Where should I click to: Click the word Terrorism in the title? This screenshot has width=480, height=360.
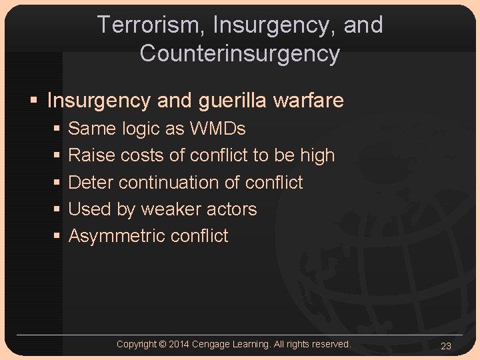(151, 25)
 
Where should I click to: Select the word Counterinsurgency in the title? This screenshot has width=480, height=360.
(240, 53)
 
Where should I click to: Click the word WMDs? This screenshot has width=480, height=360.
(218, 128)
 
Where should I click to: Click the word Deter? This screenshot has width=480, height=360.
(91, 182)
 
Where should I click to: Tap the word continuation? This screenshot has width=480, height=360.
(177, 182)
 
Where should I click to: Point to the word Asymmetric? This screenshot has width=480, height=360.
(117, 235)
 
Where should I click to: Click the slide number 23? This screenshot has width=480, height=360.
(446, 345)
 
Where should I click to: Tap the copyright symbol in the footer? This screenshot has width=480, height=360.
(163, 344)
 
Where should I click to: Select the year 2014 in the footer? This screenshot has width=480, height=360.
(179, 344)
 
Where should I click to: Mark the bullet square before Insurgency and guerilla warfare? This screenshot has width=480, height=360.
(33, 101)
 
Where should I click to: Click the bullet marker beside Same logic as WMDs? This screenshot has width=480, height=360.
(57, 129)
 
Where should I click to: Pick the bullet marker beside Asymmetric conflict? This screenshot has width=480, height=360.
(57, 236)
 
